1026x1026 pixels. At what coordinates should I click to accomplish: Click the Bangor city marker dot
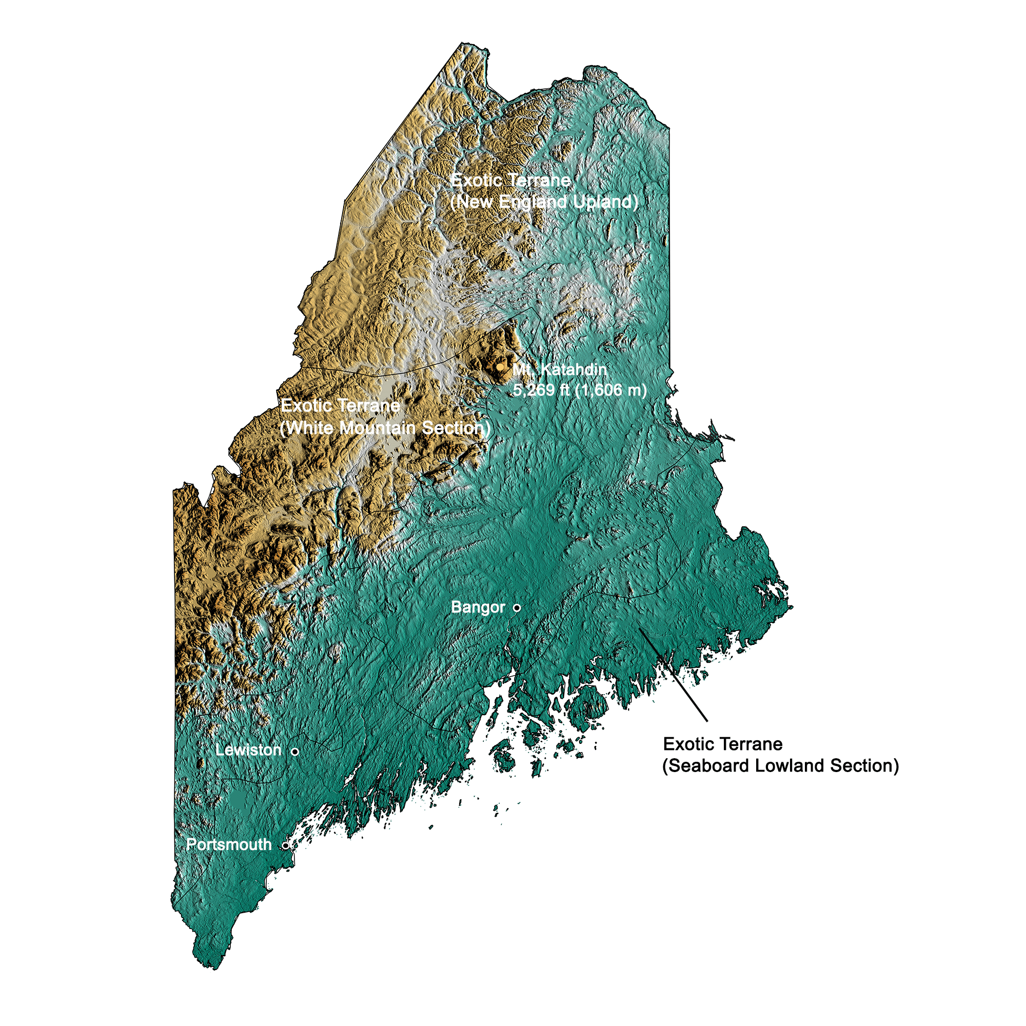pyautogui.click(x=517, y=607)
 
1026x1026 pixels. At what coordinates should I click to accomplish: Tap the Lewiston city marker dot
pyautogui.click(x=295, y=752)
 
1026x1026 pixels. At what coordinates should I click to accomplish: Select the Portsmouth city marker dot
pyautogui.click(x=286, y=845)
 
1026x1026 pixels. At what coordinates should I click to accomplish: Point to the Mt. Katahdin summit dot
pyautogui.click(x=500, y=367)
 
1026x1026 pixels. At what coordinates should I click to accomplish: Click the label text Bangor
pyautogui.click(x=478, y=607)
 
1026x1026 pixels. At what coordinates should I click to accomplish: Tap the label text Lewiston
pyautogui.click(x=248, y=751)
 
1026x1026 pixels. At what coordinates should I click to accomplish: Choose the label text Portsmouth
pyautogui.click(x=229, y=845)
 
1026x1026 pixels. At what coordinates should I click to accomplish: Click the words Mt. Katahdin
pyautogui.click(x=559, y=369)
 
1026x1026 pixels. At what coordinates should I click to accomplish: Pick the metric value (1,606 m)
pyautogui.click(x=610, y=390)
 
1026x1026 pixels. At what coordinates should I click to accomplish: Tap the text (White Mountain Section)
pyautogui.click(x=385, y=428)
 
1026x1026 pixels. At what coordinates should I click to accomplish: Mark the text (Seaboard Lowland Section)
pyautogui.click(x=781, y=766)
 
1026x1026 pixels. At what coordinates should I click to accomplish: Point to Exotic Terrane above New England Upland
pyautogui.click(x=511, y=181)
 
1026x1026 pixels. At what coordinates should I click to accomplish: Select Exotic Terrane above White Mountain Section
pyautogui.click(x=341, y=406)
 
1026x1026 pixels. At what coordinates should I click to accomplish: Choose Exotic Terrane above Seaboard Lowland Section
pyautogui.click(x=723, y=744)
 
